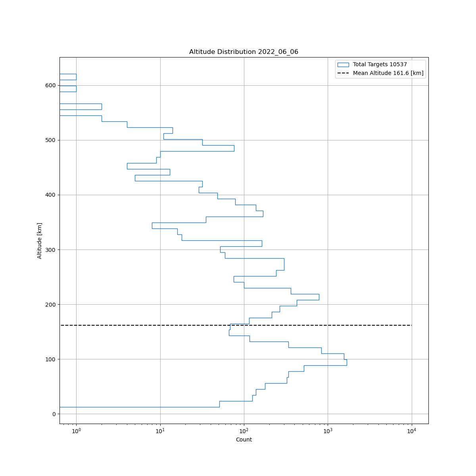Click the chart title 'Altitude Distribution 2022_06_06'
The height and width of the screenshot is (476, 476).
coord(244,52)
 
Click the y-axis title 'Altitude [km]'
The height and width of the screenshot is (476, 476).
coord(40,241)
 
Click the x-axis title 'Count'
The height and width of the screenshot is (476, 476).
coord(244,440)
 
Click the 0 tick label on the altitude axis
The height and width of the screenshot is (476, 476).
coord(54,414)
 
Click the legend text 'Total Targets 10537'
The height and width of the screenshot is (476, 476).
coord(380,65)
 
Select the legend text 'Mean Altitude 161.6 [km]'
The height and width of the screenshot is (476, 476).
coord(388,73)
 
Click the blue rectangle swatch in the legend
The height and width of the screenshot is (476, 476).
coord(343,65)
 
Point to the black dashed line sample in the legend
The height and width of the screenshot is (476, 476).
coord(343,73)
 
